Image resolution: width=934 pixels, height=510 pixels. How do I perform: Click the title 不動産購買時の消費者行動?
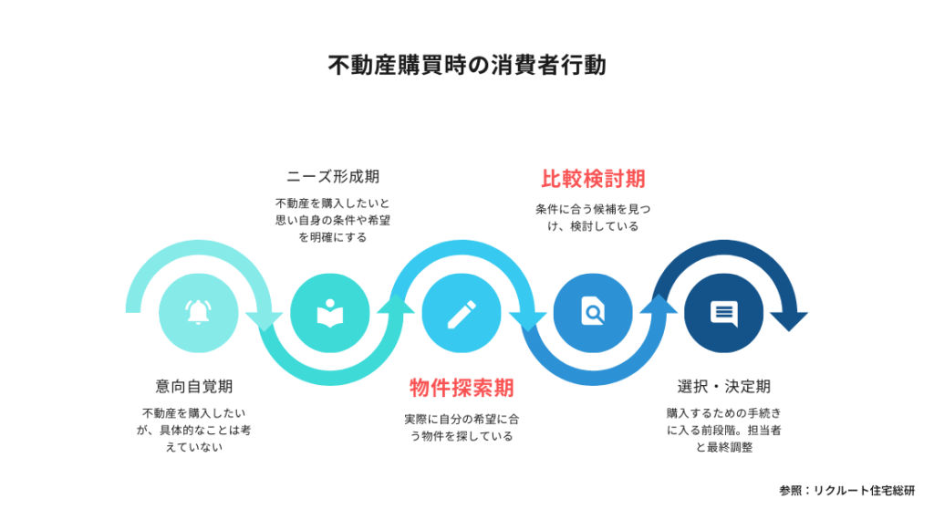[x=467, y=65]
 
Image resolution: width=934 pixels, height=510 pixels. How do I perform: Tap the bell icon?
[x=198, y=312]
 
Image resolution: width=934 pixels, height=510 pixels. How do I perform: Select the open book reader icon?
[x=330, y=313]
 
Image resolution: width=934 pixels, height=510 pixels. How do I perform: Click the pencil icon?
[x=462, y=314]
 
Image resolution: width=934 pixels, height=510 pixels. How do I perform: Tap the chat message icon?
[x=723, y=313]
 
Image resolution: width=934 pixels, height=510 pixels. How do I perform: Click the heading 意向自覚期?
[x=194, y=387]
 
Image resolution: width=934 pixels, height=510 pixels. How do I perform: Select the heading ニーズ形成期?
[x=333, y=177]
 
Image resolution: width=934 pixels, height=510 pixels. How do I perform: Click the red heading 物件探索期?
[x=462, y=388]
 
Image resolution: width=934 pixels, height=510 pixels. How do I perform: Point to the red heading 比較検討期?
[x=593, y=179]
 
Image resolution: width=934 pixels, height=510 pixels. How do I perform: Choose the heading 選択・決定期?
[x=723, y=387]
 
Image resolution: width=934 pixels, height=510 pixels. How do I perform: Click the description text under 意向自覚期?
[x=194, y=430]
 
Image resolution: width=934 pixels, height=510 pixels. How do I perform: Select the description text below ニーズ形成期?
[x=333, y=221]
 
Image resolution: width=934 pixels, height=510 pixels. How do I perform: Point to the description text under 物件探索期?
[x=462, y=428]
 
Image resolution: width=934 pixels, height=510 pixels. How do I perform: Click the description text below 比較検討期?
[x=593, y=217]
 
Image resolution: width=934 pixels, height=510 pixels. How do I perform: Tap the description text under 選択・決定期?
[x=723, y=430]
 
